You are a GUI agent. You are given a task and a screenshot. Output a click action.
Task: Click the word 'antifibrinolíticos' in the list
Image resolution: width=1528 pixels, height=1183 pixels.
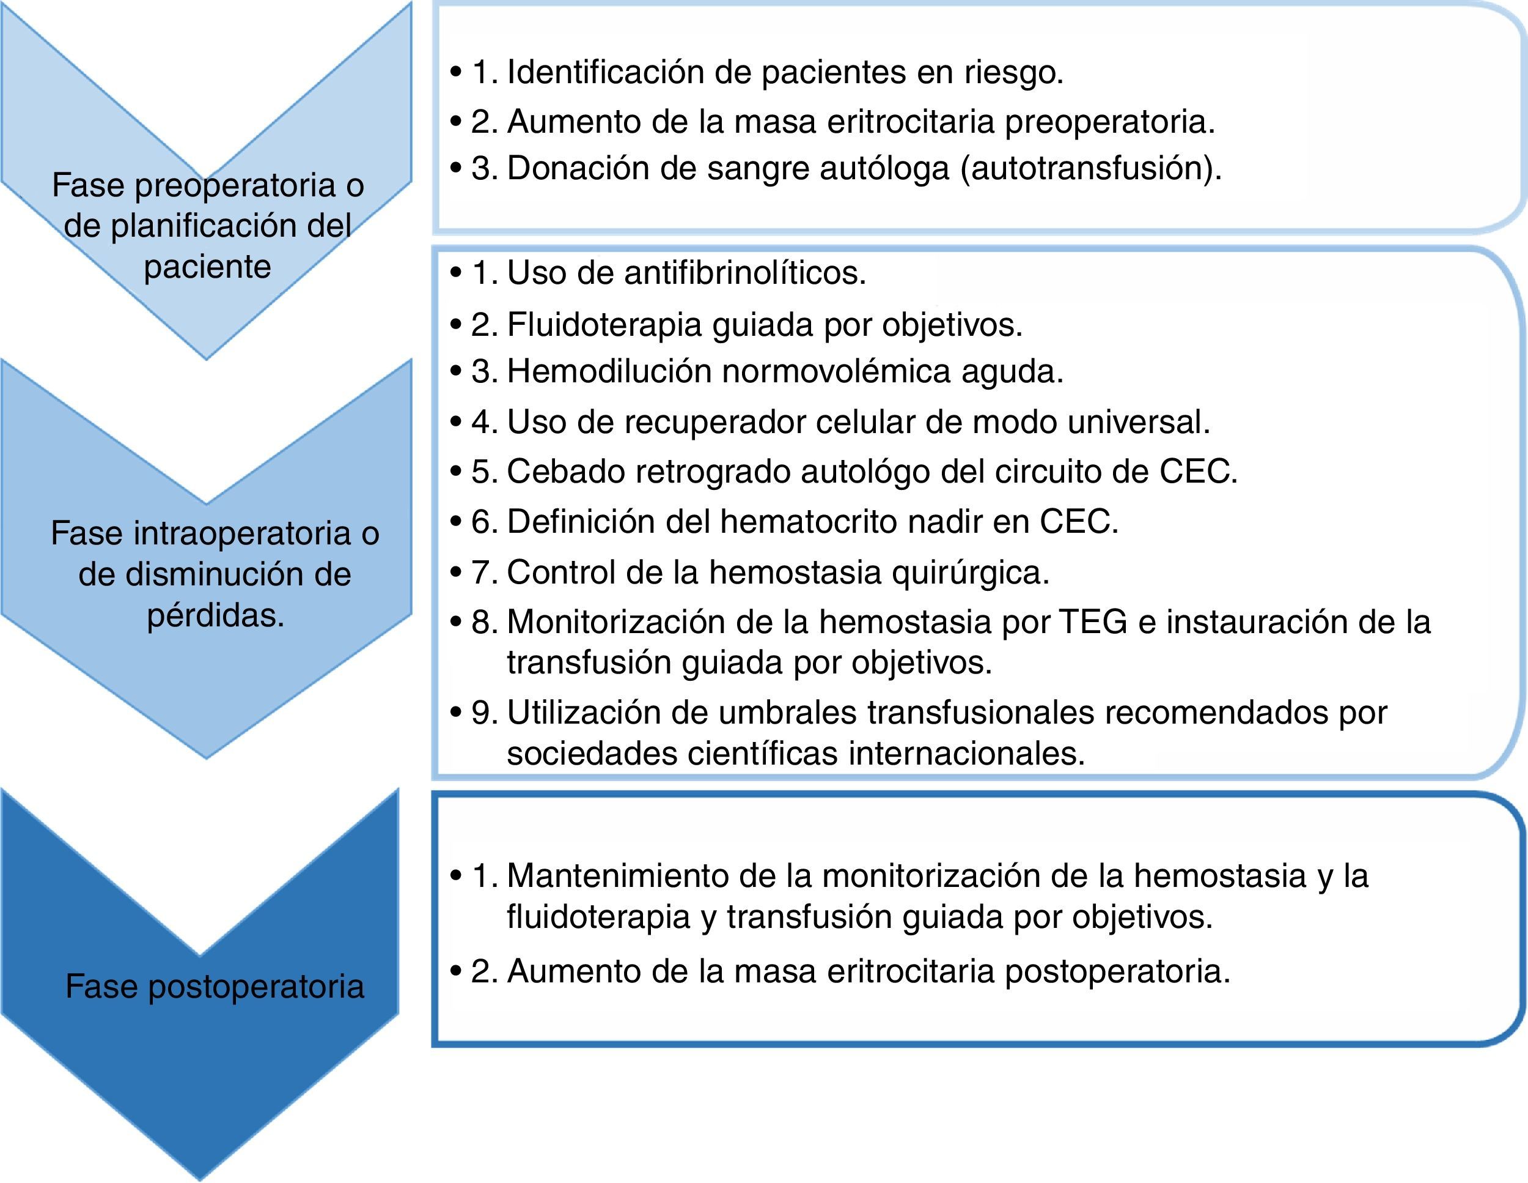(744, 273)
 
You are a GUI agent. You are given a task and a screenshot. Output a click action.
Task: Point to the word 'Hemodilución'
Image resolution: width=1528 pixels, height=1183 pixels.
(608, 372)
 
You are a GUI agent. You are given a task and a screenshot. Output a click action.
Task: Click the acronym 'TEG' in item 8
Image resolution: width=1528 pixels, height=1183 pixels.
(1093, 621)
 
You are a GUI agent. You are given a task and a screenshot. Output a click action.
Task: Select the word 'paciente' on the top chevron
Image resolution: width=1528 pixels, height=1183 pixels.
(207, 267)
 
